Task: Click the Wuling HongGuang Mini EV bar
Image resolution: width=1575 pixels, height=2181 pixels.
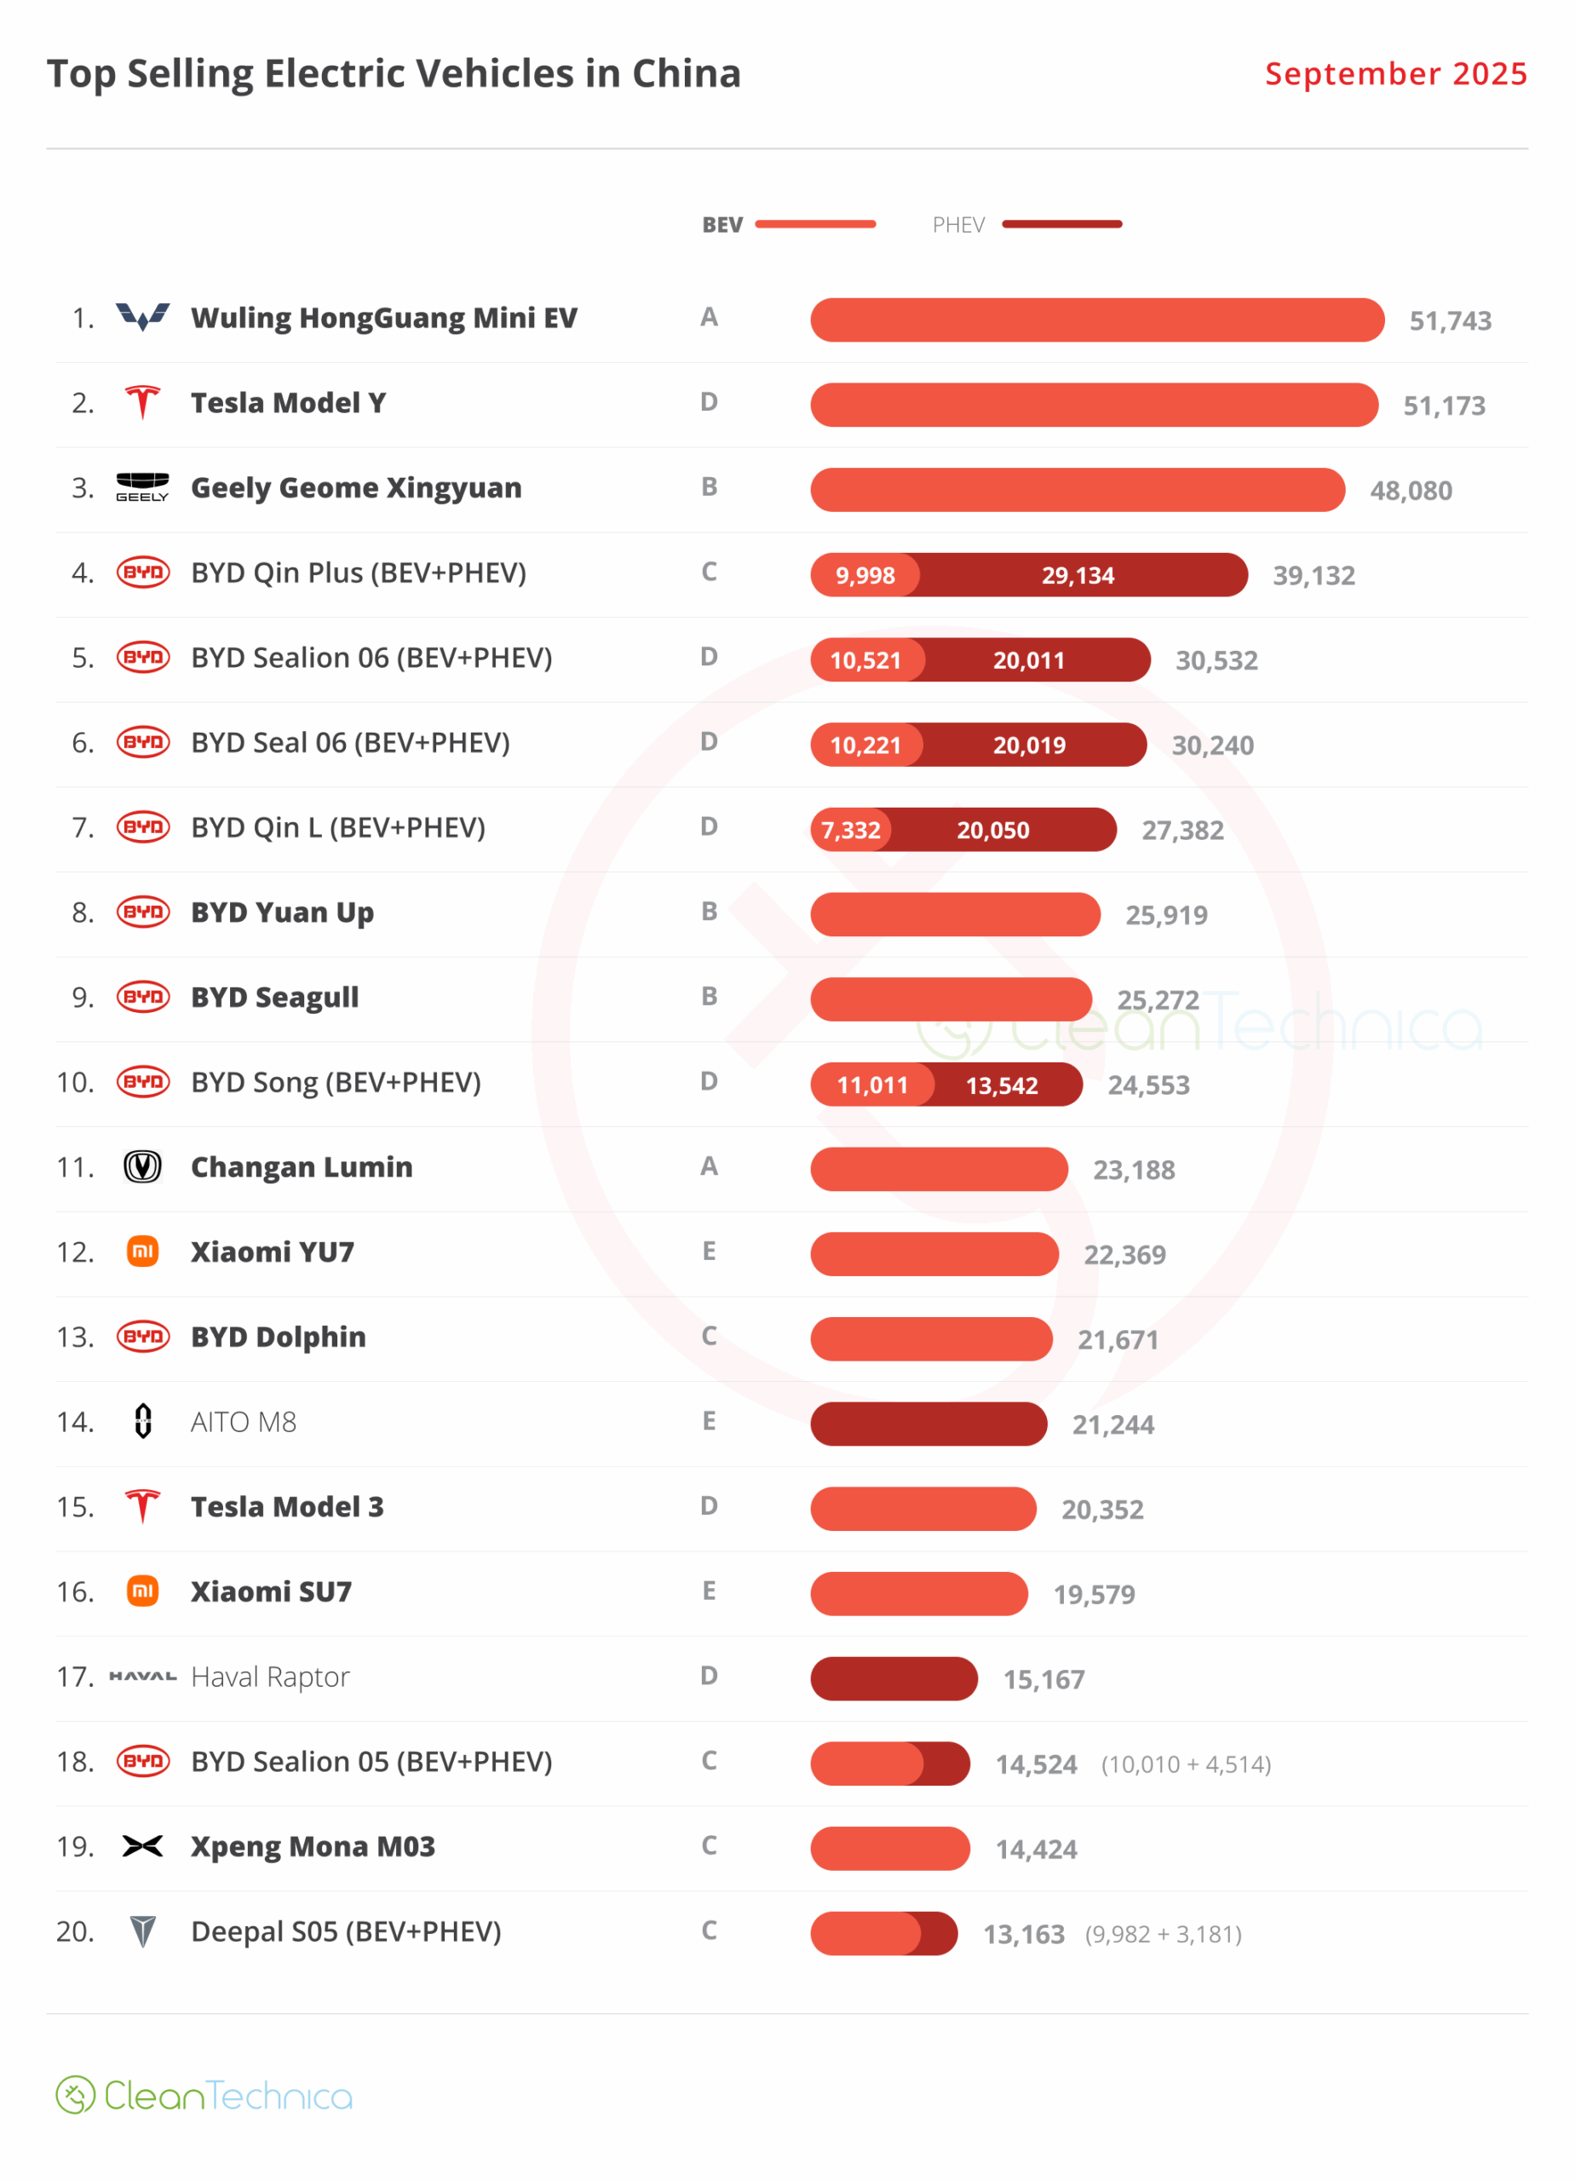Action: [1096, 320]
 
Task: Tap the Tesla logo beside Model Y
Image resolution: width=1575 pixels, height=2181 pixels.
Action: [142, 402]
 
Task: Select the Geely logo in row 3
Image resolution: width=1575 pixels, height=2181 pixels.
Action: [142, 486]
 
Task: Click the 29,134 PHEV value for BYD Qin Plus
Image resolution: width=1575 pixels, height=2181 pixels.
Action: [1078, 575]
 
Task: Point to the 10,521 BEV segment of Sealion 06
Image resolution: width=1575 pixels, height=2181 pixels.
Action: [865, 660]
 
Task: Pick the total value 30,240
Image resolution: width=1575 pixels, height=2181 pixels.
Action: [1212, 745]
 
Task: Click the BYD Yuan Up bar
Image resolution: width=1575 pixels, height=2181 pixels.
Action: [955, 914]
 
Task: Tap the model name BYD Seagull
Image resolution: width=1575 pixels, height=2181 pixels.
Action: [275, 998]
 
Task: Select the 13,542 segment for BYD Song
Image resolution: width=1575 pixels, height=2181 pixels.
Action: [1002, 1085]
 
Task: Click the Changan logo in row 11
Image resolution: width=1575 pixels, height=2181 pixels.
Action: [142, 1166]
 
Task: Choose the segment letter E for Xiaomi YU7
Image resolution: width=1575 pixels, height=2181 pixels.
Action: [709, 1252]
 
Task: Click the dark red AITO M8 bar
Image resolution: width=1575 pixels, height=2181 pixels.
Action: [928, 1424]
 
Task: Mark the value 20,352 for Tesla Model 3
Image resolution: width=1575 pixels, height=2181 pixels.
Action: [1102, 1510]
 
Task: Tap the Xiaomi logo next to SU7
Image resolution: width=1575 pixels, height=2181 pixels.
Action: [142, 1591]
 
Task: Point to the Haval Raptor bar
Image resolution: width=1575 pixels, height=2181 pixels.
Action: [894, 1679]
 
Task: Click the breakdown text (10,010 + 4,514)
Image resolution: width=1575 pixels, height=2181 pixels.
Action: [1186, 1764]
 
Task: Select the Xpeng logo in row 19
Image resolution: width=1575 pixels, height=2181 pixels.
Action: [142, 1846]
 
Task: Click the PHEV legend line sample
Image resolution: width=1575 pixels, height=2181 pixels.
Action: [1061, 224]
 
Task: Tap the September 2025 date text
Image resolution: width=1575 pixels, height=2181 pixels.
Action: [1395, 74]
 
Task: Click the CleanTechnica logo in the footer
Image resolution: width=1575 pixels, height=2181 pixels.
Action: [204, 2096]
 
